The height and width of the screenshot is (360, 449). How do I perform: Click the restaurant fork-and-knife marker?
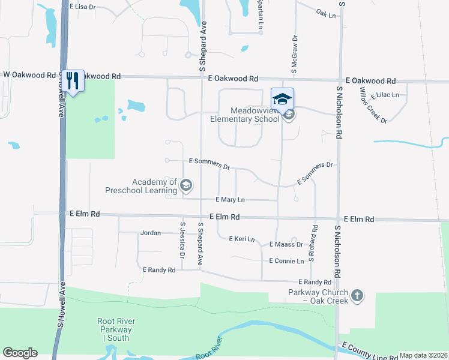click(74, 81)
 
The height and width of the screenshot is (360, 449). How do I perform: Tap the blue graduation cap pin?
click(282, 98)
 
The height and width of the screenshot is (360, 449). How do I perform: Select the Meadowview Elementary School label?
click(256, 115)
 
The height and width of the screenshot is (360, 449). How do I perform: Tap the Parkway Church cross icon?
click(357, 295)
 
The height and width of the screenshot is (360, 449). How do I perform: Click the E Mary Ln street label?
click(230, 199)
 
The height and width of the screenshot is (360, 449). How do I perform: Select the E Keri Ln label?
click(243, 238)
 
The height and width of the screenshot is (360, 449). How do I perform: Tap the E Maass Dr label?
click(286, 244)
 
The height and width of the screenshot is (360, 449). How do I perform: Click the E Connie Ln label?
click(286, 261)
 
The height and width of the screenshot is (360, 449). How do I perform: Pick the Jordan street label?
click(150, 233)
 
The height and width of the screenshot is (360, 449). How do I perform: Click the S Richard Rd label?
click(312, 242)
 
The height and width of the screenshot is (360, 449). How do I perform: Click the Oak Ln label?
click(326, 13)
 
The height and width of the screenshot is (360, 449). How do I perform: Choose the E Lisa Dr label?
click(82, 7)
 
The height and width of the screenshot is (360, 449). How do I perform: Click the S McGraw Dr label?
click(295, 55)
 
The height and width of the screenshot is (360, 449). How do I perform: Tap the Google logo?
click(20, 353)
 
